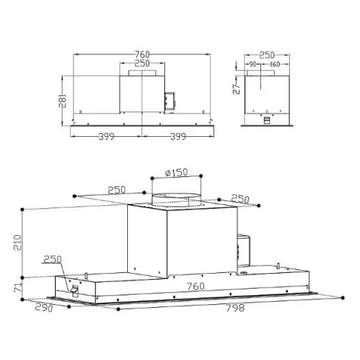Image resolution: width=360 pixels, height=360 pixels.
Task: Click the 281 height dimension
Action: click(62, 100)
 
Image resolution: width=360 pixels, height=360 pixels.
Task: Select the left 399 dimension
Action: click(106, 137)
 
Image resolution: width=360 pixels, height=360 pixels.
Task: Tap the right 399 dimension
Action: click(178, 137)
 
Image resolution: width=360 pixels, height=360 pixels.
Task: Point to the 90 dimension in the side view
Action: click(252, 65)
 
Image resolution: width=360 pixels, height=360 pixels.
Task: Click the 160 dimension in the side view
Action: click(274, 65)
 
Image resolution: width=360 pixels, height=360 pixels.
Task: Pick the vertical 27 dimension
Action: click(237, 89)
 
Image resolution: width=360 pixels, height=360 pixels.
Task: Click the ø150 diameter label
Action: click(176, 173)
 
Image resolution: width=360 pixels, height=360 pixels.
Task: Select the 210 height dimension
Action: click(18, 242)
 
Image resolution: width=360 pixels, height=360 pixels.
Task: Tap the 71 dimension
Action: click(18, 287)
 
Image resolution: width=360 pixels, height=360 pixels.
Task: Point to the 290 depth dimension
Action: click(44, 308)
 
